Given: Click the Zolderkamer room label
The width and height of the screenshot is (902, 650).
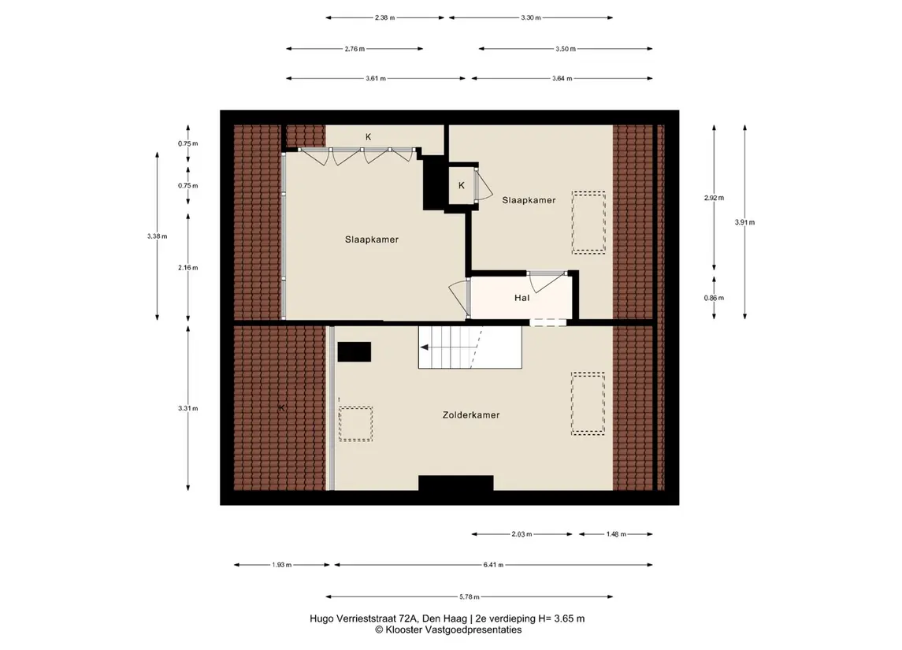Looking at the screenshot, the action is [470, 414].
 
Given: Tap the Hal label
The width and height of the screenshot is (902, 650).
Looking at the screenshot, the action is [522, 297].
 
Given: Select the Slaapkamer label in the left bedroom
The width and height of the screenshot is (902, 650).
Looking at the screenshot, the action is [372, 240].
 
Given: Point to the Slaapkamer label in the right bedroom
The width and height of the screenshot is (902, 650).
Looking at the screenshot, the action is [529, 200].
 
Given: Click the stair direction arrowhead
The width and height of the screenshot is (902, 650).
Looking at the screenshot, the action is [425, 347].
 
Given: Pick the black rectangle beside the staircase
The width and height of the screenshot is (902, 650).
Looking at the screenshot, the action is [354, 351].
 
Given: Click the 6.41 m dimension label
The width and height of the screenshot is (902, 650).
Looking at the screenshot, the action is [494, 565].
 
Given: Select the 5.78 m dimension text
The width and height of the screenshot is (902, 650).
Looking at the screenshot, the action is [470, 596].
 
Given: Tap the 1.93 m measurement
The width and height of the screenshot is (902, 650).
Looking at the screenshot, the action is [282, 565].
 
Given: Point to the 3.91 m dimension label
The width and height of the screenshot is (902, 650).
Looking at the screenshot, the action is [744, 222].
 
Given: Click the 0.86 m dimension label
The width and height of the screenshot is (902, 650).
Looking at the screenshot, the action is [714, 298].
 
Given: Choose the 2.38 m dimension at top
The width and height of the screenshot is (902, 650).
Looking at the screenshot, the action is [385, 18].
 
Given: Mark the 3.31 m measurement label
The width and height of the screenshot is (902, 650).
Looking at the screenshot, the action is [188, 408].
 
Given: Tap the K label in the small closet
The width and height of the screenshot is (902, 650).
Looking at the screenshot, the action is [462, 185].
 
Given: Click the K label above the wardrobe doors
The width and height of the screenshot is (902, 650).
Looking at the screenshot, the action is [368, 137].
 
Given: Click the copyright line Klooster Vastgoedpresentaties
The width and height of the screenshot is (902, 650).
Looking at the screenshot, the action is [448, 630].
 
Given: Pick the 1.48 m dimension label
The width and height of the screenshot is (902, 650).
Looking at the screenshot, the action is [615, 534].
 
